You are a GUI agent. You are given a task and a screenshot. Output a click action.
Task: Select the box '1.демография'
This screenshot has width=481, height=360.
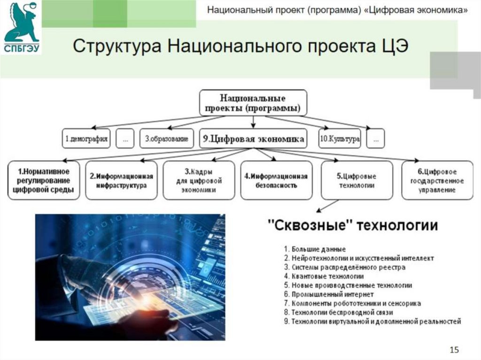coord(86,139)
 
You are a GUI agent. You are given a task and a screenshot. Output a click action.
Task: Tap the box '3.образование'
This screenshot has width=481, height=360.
coord(166,139)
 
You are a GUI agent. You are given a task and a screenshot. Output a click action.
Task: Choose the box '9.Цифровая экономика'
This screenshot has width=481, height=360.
coord(253,139)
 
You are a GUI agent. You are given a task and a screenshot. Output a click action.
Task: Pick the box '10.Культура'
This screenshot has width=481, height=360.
coord(340,139)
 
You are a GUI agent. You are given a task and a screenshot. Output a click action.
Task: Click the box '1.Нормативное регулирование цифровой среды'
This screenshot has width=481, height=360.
coord(44,181)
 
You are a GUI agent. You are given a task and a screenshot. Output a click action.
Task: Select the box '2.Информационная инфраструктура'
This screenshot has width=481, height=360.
coord(122,181)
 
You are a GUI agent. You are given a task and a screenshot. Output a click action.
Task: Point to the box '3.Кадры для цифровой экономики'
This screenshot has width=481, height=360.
coord(199,181)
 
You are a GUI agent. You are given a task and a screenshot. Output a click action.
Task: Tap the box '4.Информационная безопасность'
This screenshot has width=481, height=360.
coord(277,181)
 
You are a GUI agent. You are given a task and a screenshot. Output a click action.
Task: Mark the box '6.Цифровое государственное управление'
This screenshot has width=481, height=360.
coord(437,181)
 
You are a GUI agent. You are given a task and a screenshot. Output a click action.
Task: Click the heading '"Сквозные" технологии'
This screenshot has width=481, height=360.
coord(352,226)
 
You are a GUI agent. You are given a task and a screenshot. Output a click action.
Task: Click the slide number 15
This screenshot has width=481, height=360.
coord(454,350)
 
